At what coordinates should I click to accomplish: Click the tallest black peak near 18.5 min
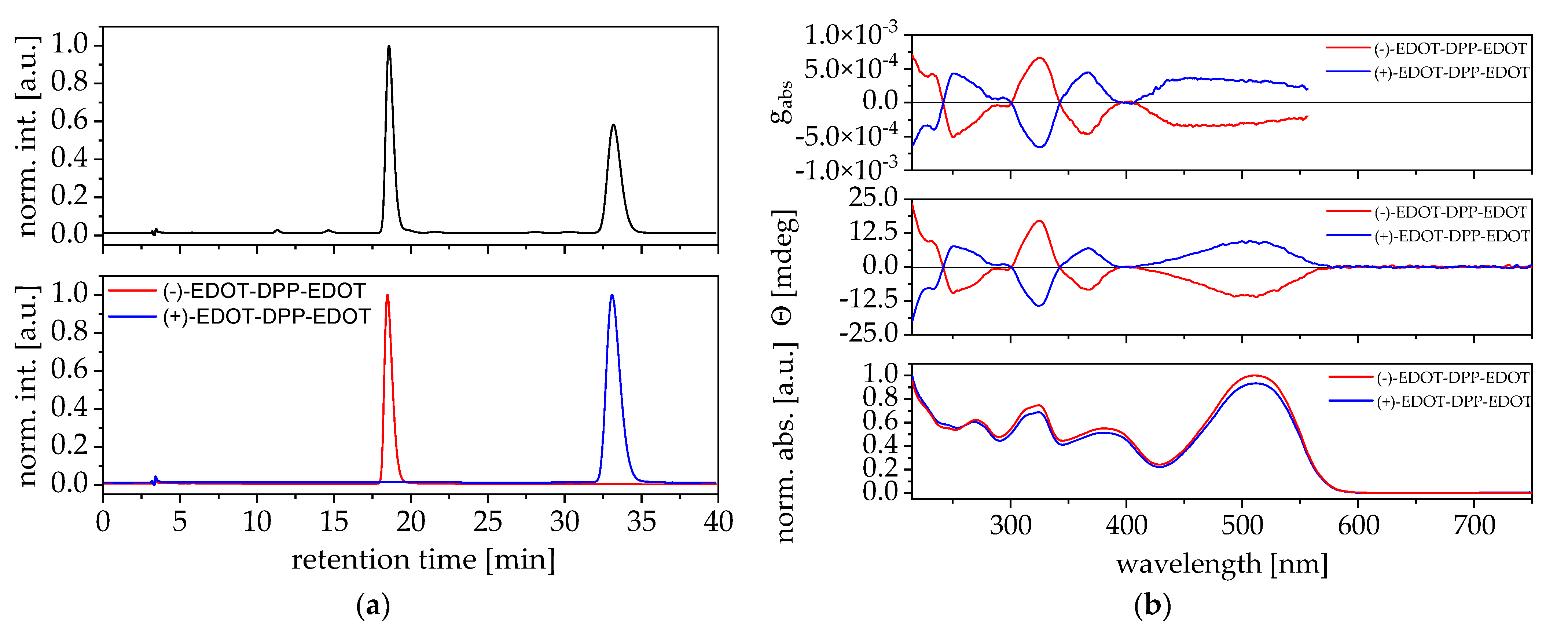click(x=389, y=46)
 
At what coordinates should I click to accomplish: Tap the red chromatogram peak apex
click(x=387, y=295)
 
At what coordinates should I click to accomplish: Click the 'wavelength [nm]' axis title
click(x=1222, y=565)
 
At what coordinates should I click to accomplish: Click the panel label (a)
click(x=373, y=606)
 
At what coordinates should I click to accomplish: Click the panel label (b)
click(x=1152, y=606)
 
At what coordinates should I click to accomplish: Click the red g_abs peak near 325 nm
click(x=1039, y=58)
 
